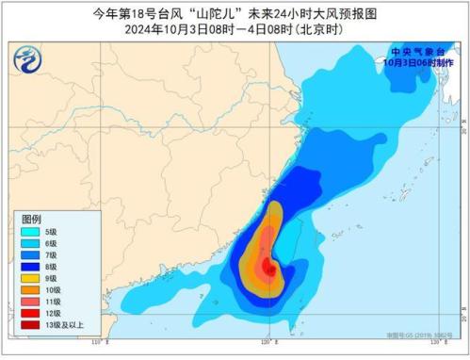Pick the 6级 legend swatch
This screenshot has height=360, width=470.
tap(30, 243)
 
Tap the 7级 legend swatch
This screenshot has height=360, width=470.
tap(30, 256)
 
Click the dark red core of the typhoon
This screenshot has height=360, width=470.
tap(271, 271)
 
